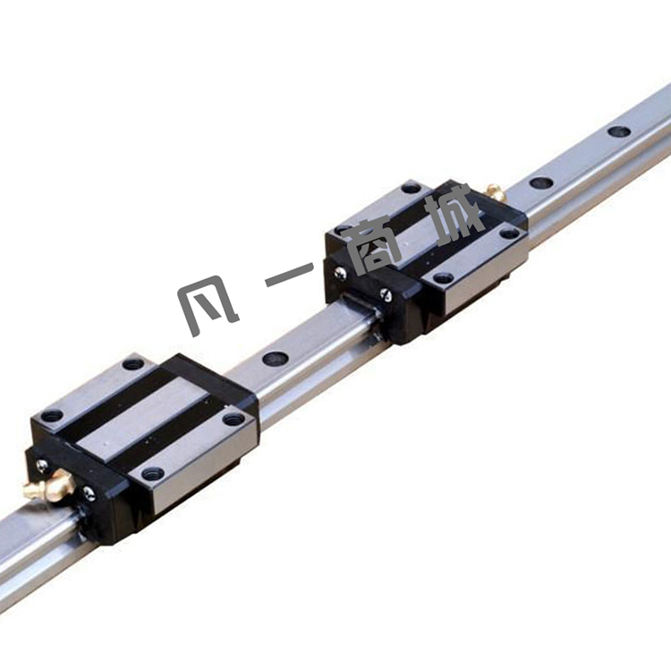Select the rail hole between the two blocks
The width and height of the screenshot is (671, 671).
pos(274,358)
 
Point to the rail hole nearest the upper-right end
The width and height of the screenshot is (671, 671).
pos(619,132)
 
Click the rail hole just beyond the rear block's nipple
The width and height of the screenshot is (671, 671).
pos(540,182)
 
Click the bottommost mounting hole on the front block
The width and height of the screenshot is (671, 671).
pos(153,473)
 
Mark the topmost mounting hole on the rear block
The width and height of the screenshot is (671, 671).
pos(412,188)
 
